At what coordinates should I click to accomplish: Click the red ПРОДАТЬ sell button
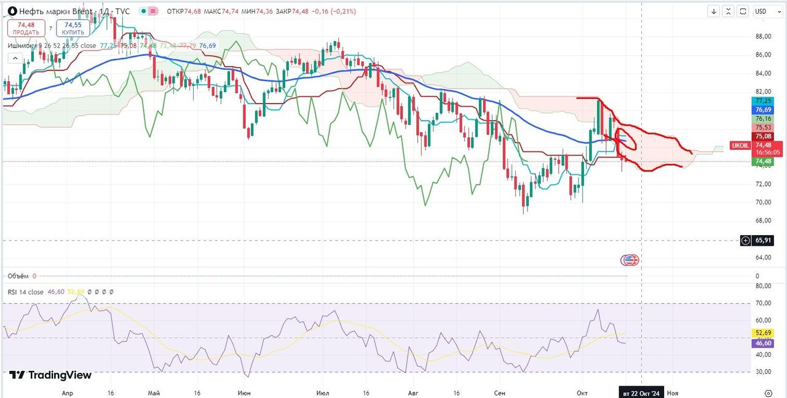[x=26, y=28]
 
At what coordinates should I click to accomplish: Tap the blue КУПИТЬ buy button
[x=73, y=28]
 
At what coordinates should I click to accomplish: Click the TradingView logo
[x=50, y=375]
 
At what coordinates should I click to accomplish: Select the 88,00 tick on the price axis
[x=763, y=36]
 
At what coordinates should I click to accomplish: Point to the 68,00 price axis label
[x=763, y=220]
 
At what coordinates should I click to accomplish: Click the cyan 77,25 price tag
[x=762, y=101]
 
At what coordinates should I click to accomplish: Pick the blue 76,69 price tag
[x=762, y=109]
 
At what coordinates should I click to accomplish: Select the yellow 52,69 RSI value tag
[x=762, y=333]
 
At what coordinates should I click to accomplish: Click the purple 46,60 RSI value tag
[x=762, y=343]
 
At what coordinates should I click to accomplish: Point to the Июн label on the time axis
[x=243, y=392]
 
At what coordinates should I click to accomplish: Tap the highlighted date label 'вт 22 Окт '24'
[x=642, y=392]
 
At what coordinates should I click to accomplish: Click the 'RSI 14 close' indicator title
[x=26, y=292]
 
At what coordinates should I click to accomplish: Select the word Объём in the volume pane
[x=18, y=276]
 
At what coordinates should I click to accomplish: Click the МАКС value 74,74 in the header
[x=230, y=12]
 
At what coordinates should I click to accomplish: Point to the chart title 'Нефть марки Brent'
[x=56, y=12]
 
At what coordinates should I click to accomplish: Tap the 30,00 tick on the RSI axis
[x=763, y=371]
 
